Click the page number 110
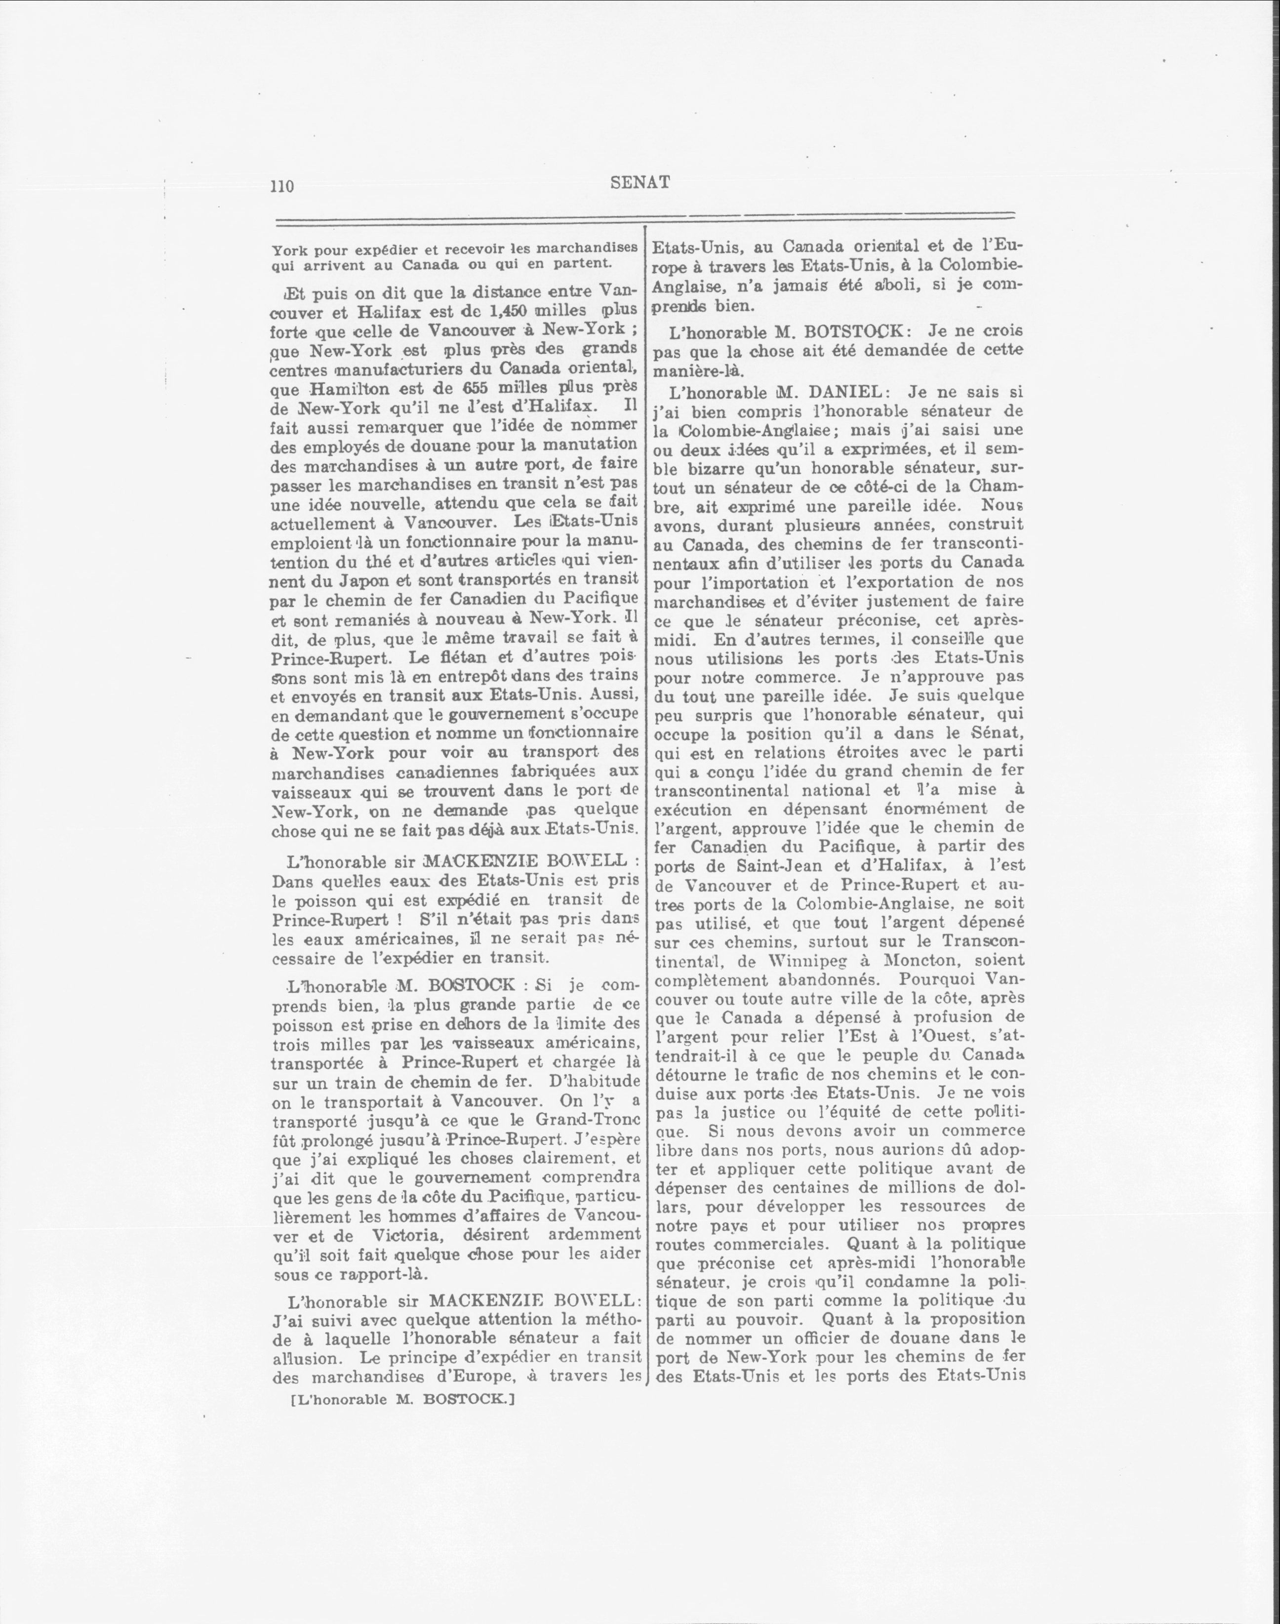pos(282,187)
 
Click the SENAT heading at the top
pos(640,182)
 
